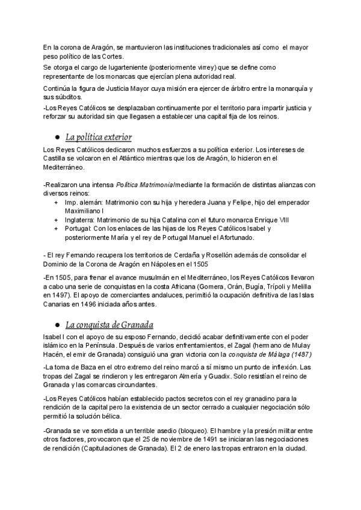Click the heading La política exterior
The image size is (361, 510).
[98, 138]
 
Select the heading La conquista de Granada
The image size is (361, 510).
[109, 325]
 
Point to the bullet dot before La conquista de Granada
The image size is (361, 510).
[57, 325]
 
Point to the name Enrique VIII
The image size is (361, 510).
[264, 221]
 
